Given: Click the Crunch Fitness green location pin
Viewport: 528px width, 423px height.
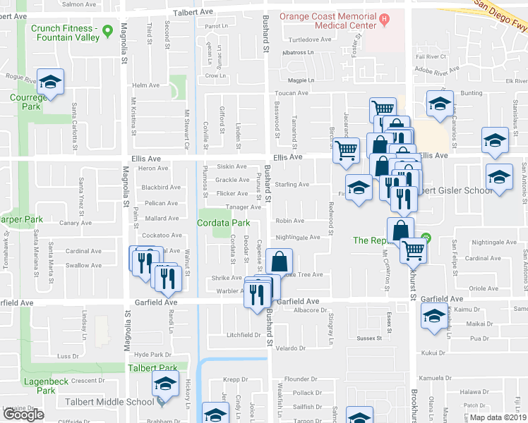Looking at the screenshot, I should [x=107, y=31].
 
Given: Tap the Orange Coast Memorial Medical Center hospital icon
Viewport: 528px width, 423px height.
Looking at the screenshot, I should [x=384, y=19].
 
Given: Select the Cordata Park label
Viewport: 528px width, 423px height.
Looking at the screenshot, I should [x=224, y=223].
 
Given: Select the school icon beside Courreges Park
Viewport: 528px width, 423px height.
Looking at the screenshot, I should [x=50, y=83].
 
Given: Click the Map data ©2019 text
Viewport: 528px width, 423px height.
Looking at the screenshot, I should [x=498, y=417].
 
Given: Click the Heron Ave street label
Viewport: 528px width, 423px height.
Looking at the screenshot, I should [x=153, y=168].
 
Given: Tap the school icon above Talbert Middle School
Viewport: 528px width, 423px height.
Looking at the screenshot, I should [x=165, y=386].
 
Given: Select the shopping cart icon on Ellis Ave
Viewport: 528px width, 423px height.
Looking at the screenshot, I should [x=346, y=151].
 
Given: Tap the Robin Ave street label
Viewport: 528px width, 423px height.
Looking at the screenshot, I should [x=289, y=221].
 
